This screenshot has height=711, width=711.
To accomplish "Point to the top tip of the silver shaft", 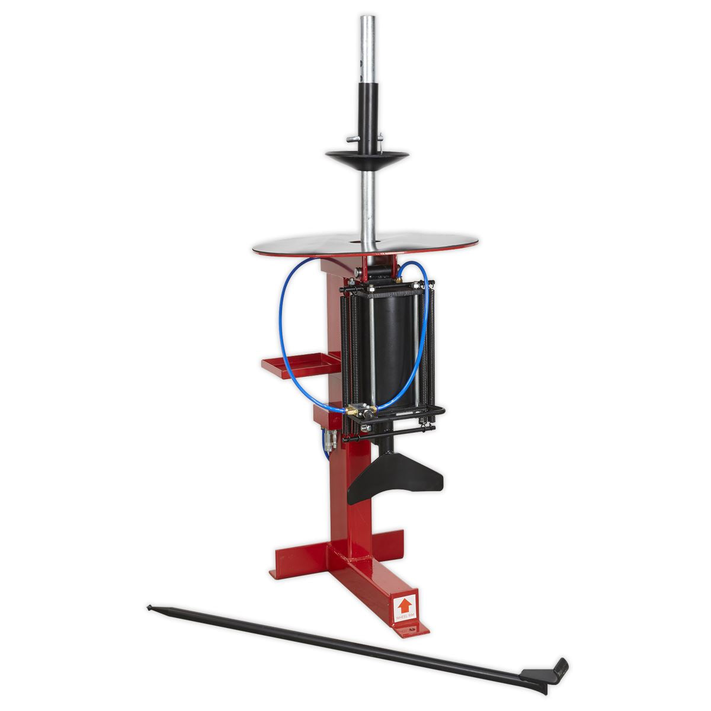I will [367, 18].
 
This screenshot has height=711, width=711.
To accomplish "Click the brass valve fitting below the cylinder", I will [355, 409].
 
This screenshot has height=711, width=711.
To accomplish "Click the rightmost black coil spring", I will [431, 355].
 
